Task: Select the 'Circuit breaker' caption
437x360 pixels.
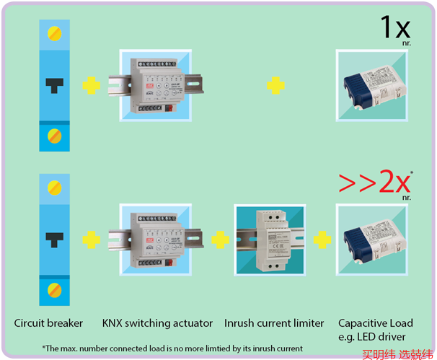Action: [49, 322]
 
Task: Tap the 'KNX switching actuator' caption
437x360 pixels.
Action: [158, 322]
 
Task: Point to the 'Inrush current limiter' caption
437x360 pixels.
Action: [274, 322]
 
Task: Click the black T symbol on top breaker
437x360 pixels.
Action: [54, 84]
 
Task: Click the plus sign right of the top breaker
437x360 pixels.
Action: [91, 86]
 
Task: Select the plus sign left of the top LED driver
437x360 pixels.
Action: [275, 86]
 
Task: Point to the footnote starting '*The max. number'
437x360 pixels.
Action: [172, 348]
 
